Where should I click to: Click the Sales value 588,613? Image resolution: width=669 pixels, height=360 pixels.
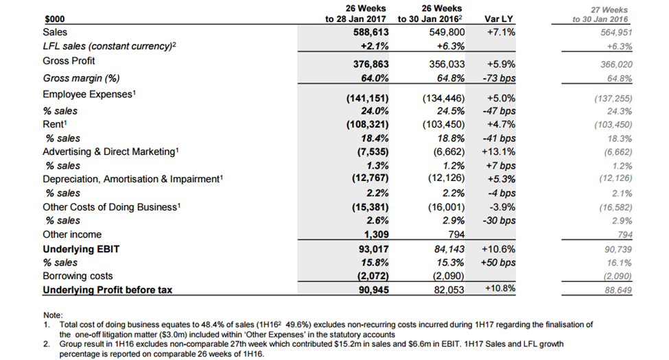click(371, 32)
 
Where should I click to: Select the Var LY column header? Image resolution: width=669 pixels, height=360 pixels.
click(499, 19)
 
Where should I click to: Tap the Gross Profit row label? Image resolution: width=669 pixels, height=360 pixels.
click(69, 61)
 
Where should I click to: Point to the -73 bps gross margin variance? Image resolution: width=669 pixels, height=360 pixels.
click(500, 78)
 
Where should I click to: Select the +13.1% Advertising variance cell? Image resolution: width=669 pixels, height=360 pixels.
click(498, 152)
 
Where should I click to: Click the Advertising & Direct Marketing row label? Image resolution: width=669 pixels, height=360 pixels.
click(110, 152)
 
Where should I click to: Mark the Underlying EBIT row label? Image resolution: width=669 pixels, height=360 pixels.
click(81, 249)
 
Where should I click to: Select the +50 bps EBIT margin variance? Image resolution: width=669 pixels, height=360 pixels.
click(498, 263)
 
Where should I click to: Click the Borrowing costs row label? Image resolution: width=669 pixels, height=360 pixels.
click(78, 276)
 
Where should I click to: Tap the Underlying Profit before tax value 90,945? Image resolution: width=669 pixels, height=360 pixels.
click(373, 290)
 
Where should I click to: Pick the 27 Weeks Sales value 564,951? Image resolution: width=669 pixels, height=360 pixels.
click(616, 32)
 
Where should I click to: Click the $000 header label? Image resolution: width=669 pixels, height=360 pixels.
click(55, 19)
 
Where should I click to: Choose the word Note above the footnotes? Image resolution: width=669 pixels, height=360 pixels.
click(53, 315)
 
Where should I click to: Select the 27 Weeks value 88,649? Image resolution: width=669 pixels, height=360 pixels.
click(618, 291)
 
